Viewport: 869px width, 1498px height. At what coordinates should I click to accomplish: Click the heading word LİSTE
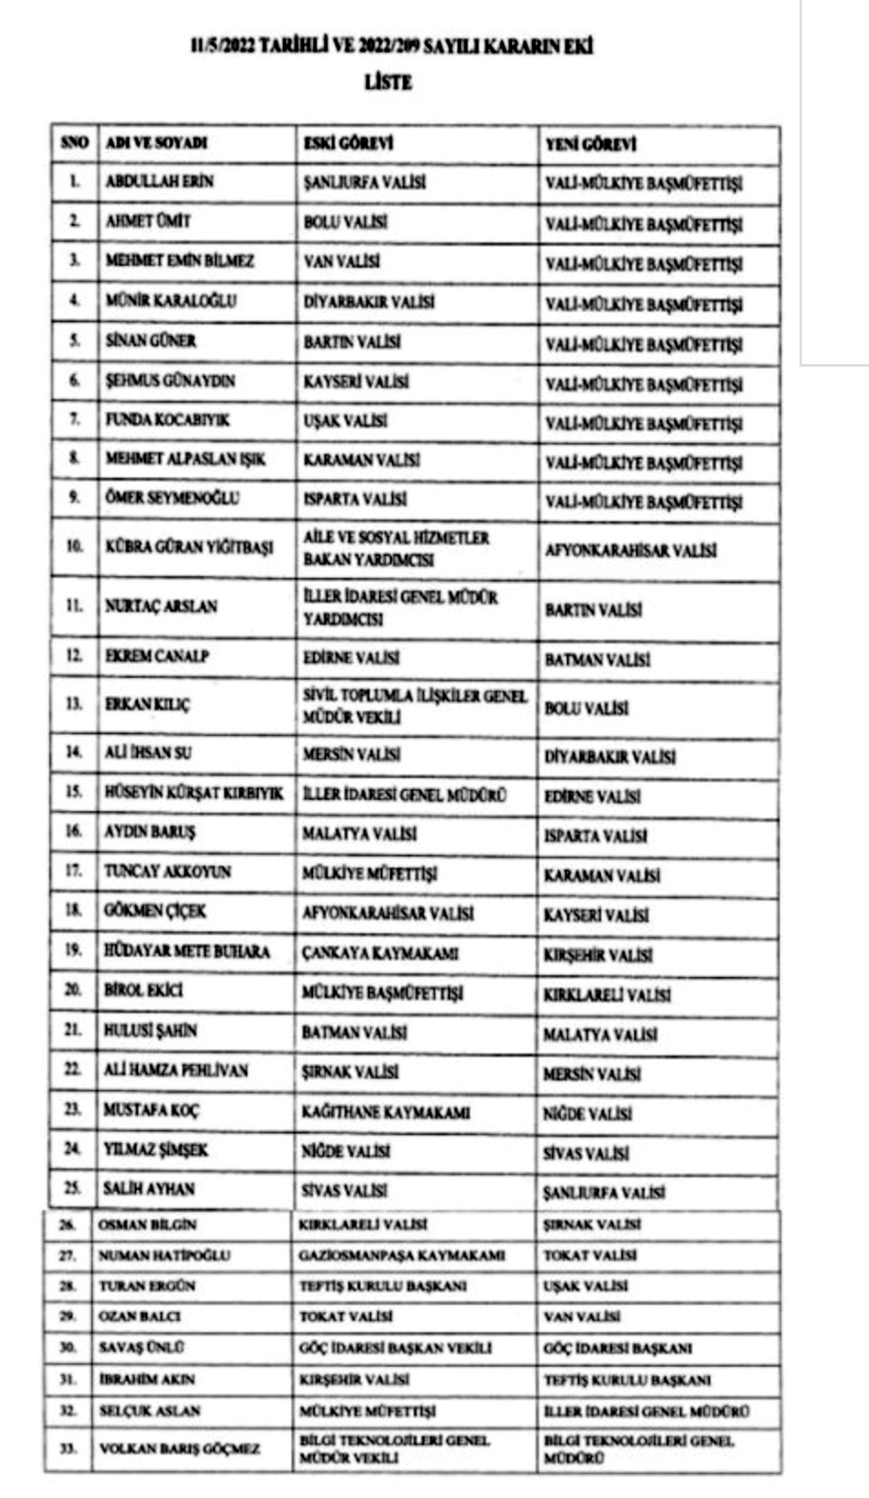pos(388,83)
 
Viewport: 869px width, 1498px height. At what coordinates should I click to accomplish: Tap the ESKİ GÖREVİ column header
pos(348,143)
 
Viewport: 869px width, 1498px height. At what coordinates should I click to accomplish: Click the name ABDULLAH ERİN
pos(160,181)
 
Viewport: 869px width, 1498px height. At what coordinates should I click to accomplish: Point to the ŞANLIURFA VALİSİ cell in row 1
pos(365,183)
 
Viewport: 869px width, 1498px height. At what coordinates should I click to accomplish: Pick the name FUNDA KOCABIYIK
pos(167,420)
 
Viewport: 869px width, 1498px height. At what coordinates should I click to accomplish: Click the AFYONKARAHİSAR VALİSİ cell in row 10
pos(631,550)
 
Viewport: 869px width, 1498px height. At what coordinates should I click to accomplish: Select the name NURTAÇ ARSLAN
pos(161,606)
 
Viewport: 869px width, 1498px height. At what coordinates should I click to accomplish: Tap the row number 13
pos(73,704)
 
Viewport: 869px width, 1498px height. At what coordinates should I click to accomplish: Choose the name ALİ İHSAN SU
pos(147,752)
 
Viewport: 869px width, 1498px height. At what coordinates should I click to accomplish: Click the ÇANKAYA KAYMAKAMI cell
pos(380,953)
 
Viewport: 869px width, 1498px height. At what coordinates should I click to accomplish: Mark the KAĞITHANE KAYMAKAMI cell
pos(386,1112)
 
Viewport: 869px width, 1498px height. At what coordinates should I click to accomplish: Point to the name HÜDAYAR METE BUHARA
pos(187,951)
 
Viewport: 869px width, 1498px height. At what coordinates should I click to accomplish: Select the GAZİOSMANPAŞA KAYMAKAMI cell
pos(401,1255)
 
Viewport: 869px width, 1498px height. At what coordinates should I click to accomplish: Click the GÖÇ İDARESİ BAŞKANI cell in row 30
pos(617,1348)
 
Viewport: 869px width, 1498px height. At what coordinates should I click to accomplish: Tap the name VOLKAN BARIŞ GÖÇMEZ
pos(179,1448)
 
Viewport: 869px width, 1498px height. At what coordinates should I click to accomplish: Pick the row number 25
pos(72,1188)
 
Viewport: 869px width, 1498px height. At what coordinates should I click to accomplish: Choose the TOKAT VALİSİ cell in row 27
pos(589,1255)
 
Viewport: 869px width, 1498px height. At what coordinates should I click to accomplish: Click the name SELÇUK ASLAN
pos(149,1410)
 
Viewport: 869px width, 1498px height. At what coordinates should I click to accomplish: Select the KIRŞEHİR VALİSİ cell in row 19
pos(597,955)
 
